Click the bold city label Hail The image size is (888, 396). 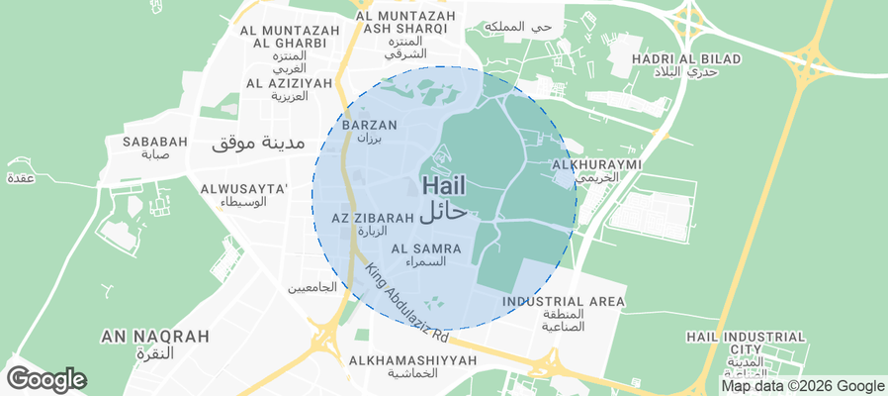(x=443, y=185)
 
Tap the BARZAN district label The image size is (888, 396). (x=369, y=125)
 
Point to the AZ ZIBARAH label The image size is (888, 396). (x=373, y=217)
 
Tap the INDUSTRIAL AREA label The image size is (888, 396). (x=564, y=301)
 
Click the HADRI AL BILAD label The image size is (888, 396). (x=685, y=59)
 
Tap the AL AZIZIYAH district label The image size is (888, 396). (x=289, y=83)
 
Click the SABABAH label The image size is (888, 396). (x=155, y=142)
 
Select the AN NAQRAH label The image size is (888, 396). (x=155, y=337)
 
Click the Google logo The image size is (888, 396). (x=45, y=378)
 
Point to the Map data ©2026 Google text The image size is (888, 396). (x=802, y=386)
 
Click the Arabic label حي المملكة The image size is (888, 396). (x=528, y=27)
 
